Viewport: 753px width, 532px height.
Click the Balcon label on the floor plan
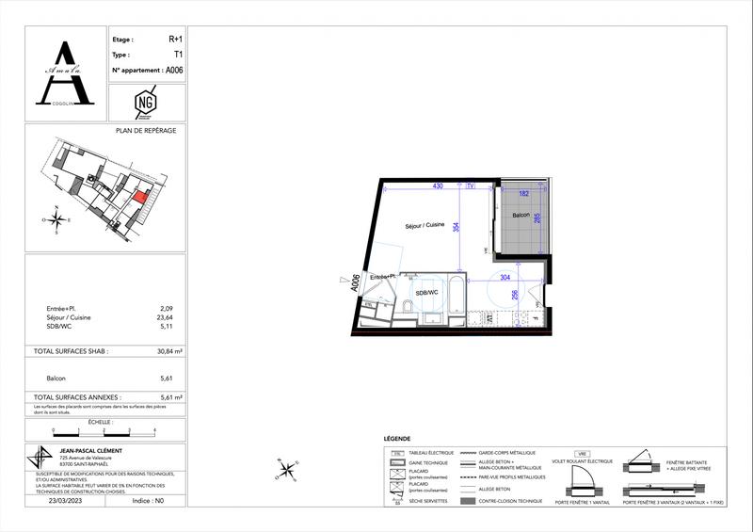515,216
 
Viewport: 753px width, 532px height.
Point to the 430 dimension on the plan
438,186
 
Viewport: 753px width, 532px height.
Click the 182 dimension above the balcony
524,193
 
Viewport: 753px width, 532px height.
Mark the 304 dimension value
505,277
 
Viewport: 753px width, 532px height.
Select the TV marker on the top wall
469,186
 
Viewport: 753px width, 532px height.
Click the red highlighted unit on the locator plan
141,198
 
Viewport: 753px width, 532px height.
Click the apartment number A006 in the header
174,70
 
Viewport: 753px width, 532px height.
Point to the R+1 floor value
176,40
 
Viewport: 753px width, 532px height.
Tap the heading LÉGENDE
398,440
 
